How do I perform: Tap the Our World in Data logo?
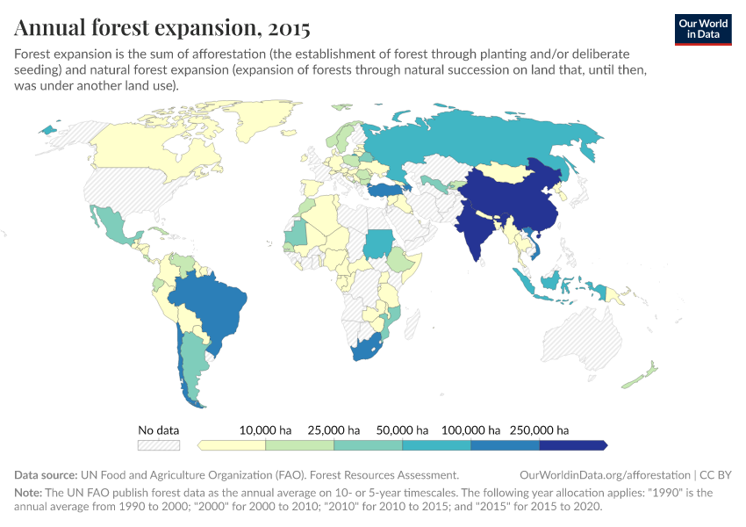702,28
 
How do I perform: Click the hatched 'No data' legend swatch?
158,445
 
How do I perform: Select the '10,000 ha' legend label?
265,430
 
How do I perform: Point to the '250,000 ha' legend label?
539,430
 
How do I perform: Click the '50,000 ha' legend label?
402,430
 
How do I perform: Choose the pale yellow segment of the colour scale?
233,445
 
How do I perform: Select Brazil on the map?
215,303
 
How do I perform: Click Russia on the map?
491,141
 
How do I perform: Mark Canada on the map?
158,149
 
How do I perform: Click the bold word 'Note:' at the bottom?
30,493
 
